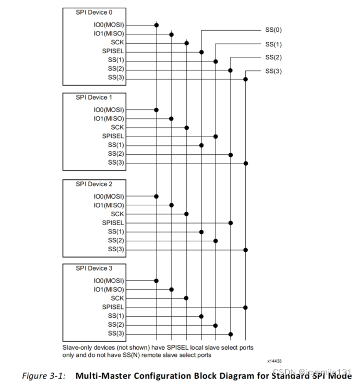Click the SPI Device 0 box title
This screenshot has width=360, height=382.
click(94, 12)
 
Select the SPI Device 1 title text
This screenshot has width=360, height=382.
click(94, 97)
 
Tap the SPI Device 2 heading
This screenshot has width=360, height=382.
click(94, 184)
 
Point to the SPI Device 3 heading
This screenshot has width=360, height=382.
click(94, 268)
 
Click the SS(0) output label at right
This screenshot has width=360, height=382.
click(273, 30)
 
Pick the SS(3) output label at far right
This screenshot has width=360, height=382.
click(273, 71)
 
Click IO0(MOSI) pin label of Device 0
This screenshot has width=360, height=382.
click(109, 24)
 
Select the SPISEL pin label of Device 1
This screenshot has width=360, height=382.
click(113, 136)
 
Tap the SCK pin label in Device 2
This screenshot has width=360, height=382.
click(117, 214)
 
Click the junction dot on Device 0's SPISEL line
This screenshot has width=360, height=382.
click(201, 52)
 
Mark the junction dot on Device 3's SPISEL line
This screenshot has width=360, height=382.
click(245, 307)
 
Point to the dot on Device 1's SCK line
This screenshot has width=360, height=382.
click(187, 127)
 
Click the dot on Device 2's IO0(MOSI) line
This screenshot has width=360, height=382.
click(157, 196)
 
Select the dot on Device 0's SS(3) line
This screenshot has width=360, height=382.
click(245, 79)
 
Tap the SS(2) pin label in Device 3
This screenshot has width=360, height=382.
click(116, 325)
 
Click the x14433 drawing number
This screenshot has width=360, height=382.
click(274, 360)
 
